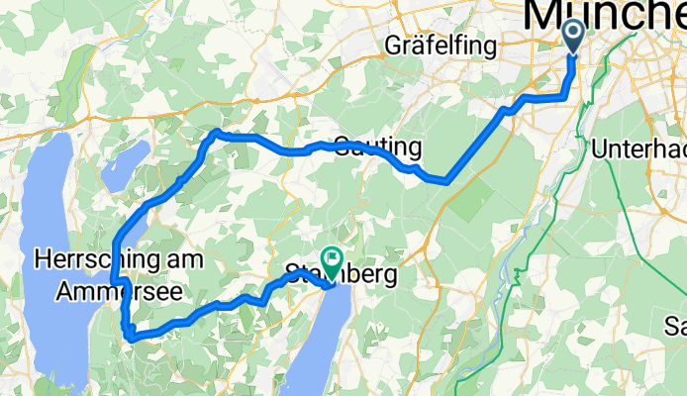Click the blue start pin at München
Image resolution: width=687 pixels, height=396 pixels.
[573, 36]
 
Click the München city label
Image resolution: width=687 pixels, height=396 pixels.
[604, 14]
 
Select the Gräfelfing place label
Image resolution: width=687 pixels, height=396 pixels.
[433, 45]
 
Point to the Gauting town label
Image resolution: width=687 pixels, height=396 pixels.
[377, 148]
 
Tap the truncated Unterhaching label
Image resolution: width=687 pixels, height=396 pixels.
[638, 148]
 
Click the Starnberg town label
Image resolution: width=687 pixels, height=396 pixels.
[341, 274]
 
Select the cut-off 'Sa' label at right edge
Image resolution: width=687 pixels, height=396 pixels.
[675, 326]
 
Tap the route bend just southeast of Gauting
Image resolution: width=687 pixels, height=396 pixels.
[445, 180]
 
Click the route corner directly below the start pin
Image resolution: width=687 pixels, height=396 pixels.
[564, 96]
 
